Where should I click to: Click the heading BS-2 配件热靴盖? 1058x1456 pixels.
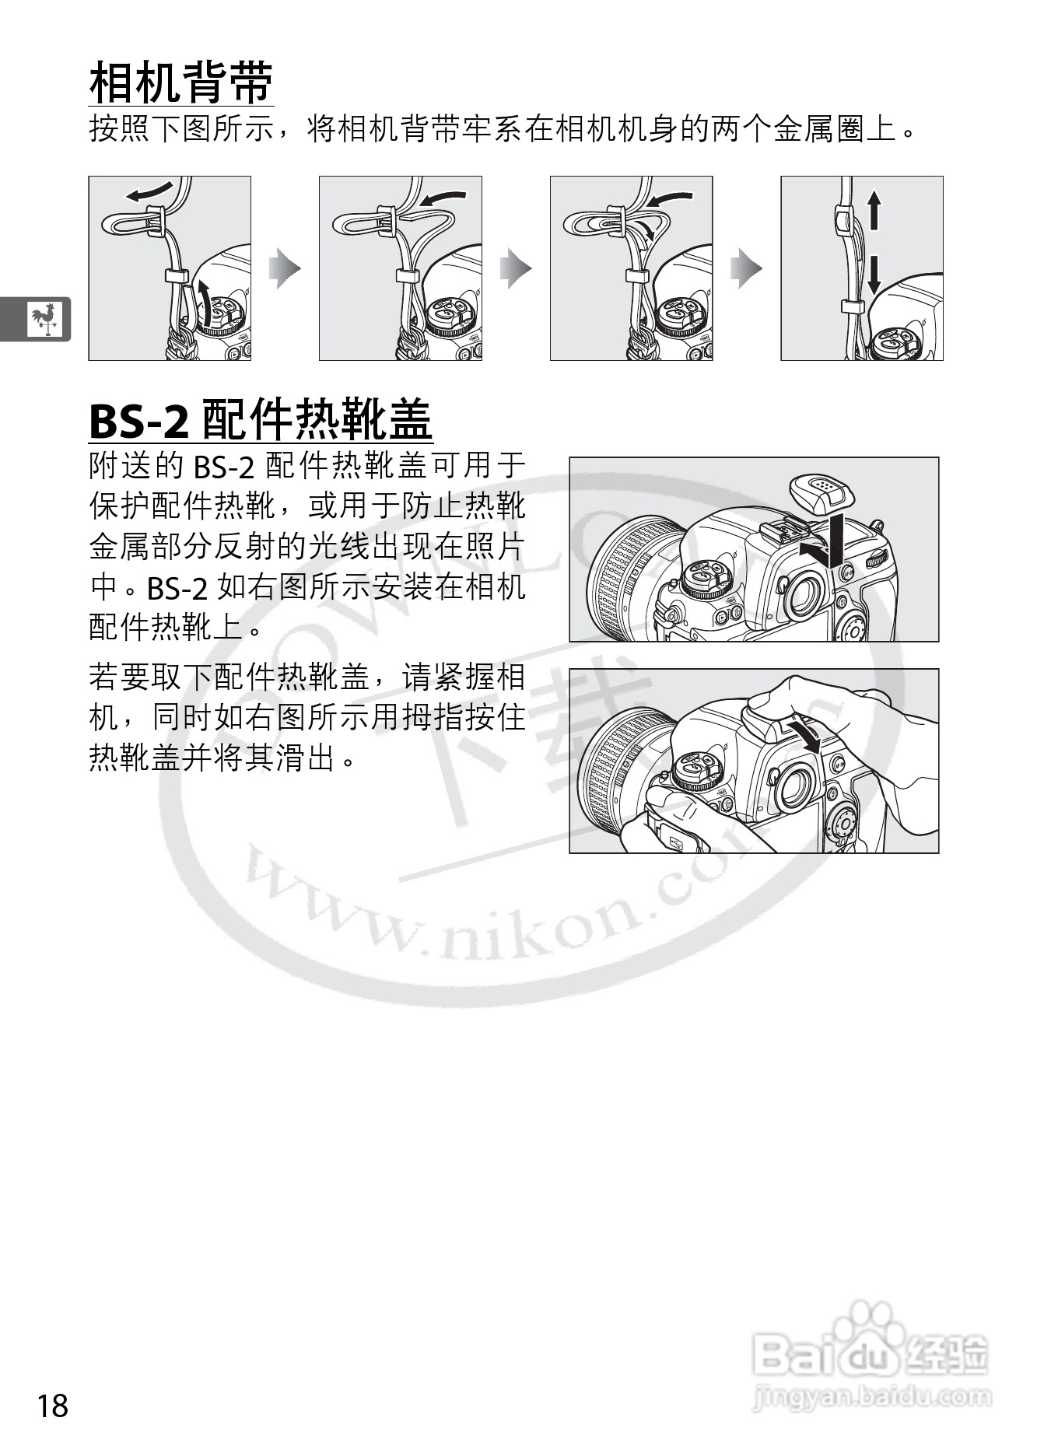(261, 421)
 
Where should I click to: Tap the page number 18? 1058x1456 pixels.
(52, 1406)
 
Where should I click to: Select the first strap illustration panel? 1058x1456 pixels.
(170, 268)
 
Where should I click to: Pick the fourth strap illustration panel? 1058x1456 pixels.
(862, 268)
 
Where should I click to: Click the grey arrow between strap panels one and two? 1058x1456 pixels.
(285, 268)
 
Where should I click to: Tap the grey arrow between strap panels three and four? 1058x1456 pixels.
(747, 268)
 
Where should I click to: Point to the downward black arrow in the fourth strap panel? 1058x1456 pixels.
(874, 276)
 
